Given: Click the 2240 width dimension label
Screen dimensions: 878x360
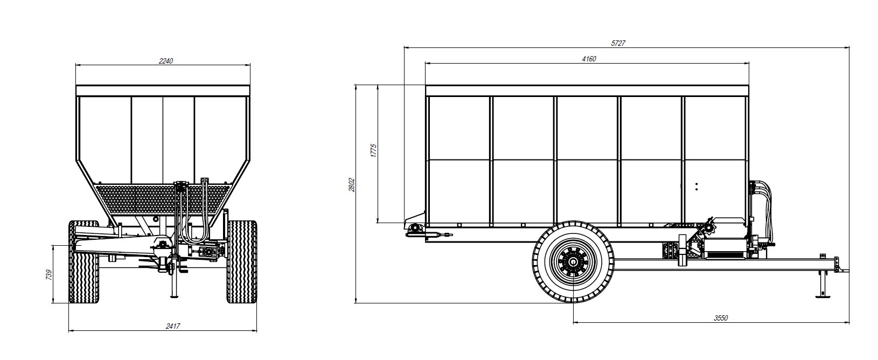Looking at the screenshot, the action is click(x=166, y=61).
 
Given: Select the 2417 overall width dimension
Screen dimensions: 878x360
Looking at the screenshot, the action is click(x=173, y=326).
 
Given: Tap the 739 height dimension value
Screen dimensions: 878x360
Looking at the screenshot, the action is click(x=49, y=274).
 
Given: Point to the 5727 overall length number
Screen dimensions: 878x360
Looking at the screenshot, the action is click(x=618, y=43).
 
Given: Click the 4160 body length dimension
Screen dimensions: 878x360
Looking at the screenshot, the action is click(x=589, y=59).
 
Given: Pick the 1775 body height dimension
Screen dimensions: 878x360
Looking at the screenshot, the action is click(x=373, y=150).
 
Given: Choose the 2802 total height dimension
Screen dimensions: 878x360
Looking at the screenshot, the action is click(x=352, y=185).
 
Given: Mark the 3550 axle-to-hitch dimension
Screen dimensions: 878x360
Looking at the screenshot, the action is click(x=720, y=318).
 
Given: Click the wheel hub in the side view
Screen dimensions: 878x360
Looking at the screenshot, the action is click(x=573, y=262).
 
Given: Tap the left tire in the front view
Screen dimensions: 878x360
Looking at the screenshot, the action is click(x=84, y=261).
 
